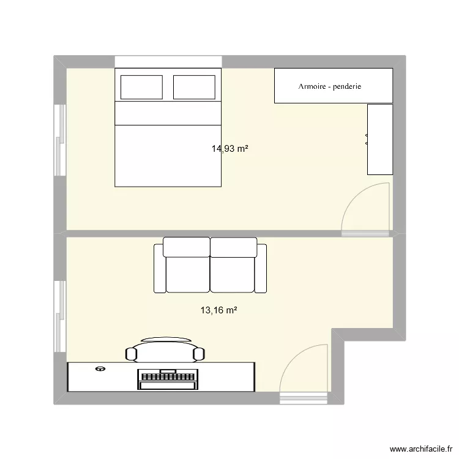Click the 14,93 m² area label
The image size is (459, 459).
229,148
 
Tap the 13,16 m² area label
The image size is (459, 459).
218,310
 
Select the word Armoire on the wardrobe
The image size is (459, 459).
312,86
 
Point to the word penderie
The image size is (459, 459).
347,86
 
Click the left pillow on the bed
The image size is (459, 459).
141,86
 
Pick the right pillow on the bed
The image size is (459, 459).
195,86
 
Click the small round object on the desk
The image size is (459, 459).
100,369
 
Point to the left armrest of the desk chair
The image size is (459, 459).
130,353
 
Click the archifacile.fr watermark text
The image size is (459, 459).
420,449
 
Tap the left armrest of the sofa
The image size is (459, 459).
159,267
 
